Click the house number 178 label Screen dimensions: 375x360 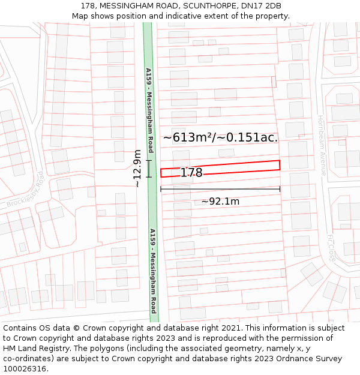[191, 173]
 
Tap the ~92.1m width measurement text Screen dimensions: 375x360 [220, 202]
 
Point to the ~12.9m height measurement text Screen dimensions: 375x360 [137, 169]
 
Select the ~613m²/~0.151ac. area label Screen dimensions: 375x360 [220, 137]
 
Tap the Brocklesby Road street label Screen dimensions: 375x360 [25, 190]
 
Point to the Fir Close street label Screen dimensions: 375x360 [331, 247]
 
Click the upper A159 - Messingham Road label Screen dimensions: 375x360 [150, 110]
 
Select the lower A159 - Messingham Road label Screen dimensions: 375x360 [154, 271]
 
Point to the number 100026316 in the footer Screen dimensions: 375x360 [25, 368]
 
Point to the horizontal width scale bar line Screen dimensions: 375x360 [220, 190]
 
